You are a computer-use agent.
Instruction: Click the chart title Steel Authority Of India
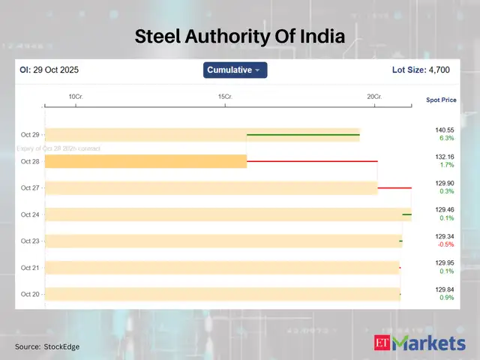[240, 36]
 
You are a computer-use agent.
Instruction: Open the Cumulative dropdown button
[235, 70]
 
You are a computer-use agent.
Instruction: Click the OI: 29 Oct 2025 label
[49, 70]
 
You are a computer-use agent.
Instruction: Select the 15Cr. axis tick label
[225, 97]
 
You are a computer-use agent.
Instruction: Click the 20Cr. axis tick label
[374, 97]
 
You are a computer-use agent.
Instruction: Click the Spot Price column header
[441, 100]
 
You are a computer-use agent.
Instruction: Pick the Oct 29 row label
[30, 135]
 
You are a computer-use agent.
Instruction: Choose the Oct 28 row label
[30, 161]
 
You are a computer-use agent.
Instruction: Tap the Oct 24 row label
[30, 214]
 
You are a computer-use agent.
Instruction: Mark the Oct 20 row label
[30, 294]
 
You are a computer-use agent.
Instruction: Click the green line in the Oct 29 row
[303, 135]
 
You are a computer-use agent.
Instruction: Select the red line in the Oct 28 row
[312, 161]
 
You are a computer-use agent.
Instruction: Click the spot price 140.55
[445, 130]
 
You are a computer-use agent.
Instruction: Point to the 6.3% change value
[445, 139]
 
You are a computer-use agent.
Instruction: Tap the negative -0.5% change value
[445, 244]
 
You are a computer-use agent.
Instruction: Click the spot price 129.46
[445, 209]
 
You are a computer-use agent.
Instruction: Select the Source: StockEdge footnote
[47, 346]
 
